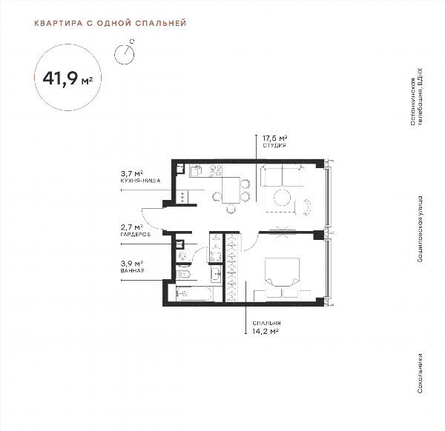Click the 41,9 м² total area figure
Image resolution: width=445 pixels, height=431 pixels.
click(x=67, y=78)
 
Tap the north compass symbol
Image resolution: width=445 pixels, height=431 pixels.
click(x=125, y=53)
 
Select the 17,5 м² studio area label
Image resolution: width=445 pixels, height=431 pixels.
click(x=274, y=138)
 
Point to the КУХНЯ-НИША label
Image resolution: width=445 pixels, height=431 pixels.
click(x=140, y=181)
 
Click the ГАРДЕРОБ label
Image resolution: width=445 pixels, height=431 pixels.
click(x=136, y=234)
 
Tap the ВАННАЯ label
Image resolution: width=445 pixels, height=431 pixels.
click(x=132, y=270)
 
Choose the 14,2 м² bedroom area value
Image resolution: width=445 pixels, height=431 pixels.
click(x=266, y=331)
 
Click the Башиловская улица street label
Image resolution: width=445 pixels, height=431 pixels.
click(x=420, y=229)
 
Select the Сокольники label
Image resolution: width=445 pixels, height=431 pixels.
click(x=420, y=373)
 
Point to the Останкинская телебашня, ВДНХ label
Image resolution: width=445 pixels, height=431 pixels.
click(x=417, y=96)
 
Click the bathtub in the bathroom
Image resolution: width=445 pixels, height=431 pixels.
click(x=194, y=293)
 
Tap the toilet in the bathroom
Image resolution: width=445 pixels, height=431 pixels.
click(x=183, y=274)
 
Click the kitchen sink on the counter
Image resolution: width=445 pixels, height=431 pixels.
click(x=196, y=171)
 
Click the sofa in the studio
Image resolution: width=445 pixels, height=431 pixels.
click(x=282, y=176)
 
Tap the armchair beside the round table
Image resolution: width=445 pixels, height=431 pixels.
click(x=303, y=207)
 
